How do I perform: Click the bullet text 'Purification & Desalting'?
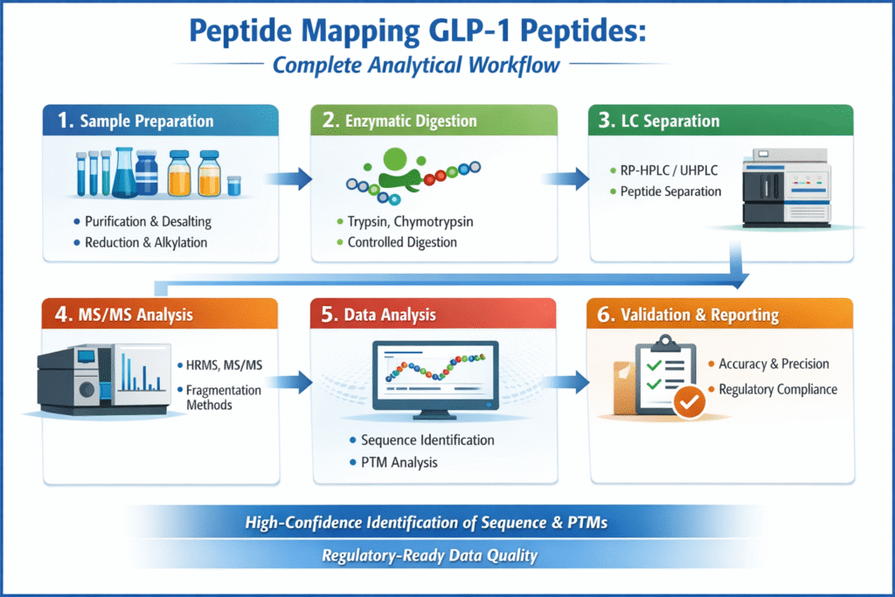click(x=148, y=222)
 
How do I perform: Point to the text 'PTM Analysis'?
click(x=399, y=462)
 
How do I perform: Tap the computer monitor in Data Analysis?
click(x=434, y=376)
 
